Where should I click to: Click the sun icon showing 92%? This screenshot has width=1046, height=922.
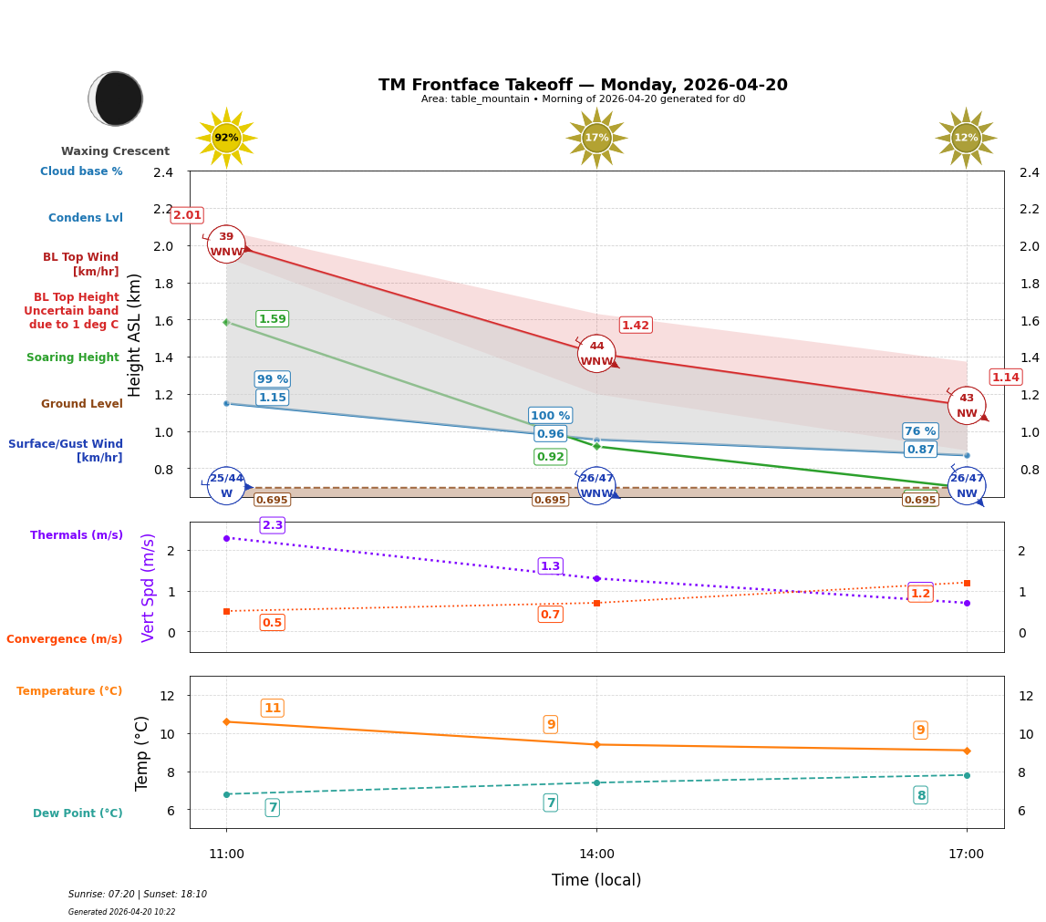[226, 138]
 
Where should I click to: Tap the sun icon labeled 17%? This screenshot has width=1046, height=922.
[596, 138]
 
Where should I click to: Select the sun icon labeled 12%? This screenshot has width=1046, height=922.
[966, 138]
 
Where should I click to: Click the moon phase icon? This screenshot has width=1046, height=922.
[116, 98]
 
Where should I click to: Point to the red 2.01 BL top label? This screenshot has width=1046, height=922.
[187, 215]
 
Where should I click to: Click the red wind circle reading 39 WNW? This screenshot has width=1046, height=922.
[226, 244]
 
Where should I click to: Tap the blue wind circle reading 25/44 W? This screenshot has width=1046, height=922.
[226, 485]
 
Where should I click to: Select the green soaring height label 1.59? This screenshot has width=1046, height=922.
[272, 319]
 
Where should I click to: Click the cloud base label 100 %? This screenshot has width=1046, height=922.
[550, 415]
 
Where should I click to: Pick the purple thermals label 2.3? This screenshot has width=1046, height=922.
[273, 525]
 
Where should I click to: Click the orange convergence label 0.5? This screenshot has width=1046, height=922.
[272, 623]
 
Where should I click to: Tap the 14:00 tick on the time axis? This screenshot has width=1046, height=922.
[596, 854]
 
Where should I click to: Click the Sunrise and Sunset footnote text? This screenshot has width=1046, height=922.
[138, 895]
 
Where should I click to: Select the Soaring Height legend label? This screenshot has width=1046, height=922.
[73, 357]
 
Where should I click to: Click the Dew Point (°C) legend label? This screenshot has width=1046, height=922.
[78, 813]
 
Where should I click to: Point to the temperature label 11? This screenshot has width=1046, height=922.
[272, 709]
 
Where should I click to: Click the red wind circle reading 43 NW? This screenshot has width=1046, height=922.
[966, 406]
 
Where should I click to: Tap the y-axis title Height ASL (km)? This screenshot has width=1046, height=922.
[135, 335]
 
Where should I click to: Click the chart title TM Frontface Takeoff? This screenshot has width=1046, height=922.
[583, 85]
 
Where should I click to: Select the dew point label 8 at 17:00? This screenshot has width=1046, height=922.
[920, 795]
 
